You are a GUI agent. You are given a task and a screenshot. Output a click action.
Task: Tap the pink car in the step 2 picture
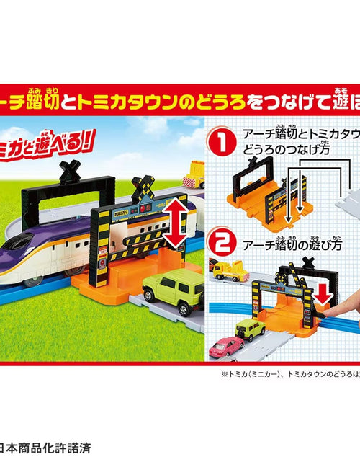click(222, 347)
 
